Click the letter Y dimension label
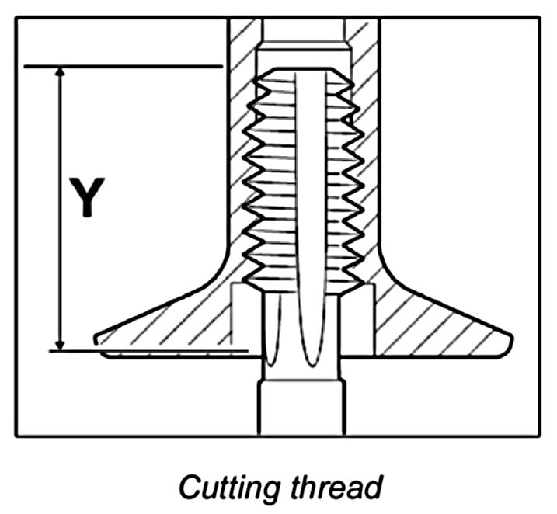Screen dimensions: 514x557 [89, 197]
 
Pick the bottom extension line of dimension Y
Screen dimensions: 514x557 [148, 351]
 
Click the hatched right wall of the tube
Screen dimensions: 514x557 [366, 155]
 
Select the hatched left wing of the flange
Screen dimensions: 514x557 [171, 326]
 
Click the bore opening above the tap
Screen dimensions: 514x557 [303, 31]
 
